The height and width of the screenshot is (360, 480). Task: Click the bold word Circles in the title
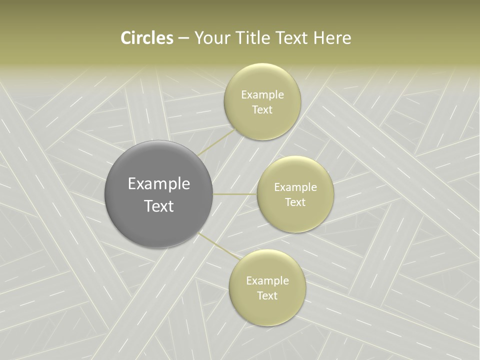point(146,38)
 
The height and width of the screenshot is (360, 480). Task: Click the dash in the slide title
point(183,38)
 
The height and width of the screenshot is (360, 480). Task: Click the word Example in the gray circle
point(159,184)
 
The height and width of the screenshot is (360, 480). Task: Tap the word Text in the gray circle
point(159,206)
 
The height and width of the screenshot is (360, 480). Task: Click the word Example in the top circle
point(262,95)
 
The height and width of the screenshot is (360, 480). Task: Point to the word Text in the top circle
point(262,109)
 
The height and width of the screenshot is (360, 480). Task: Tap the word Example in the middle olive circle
point(295,187)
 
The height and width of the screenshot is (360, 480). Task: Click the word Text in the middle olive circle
point(295,202)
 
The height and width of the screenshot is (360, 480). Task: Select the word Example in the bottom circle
point(267,281)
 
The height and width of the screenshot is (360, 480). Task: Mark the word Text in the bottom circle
point(267,295)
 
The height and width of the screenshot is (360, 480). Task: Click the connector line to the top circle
point(215,142)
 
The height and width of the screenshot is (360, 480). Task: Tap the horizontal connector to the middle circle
point(235,194)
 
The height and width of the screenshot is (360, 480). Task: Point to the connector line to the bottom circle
point(218,246)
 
